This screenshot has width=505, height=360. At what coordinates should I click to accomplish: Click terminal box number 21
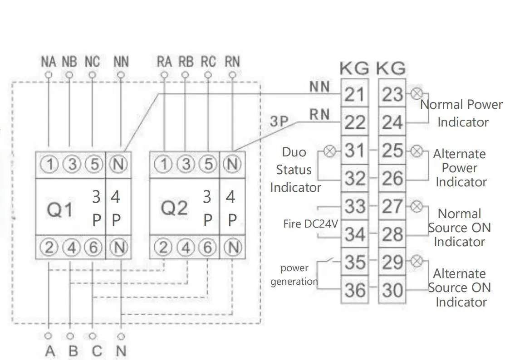pos(354,94)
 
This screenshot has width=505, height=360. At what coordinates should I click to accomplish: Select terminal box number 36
pos(354,290)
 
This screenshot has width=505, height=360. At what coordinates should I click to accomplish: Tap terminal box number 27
pos(392,206)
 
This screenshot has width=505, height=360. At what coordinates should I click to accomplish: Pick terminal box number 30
pos(392,290)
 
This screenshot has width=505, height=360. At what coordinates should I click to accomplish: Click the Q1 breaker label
pos(60,209)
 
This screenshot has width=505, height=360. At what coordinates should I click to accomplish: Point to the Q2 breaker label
pos(174,209)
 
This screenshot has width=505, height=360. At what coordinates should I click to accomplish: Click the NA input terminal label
pos(49,62)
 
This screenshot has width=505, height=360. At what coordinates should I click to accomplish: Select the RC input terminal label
pos(208,62)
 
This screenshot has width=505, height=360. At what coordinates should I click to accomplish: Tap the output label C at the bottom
pos(96,351)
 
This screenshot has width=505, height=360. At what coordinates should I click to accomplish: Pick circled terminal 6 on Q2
pos(208,248)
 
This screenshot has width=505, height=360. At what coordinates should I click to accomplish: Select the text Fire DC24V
pos(311,224)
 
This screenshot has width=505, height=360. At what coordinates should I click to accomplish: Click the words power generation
pos(294,275)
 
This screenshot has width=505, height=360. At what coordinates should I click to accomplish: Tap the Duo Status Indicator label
pos(296,170)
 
